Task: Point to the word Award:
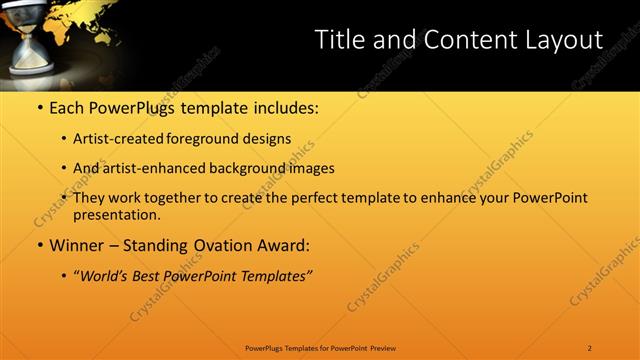coord(284,245)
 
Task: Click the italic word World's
coord(109,276)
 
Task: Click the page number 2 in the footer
coord(590,348)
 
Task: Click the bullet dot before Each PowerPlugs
coord(39,108)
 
